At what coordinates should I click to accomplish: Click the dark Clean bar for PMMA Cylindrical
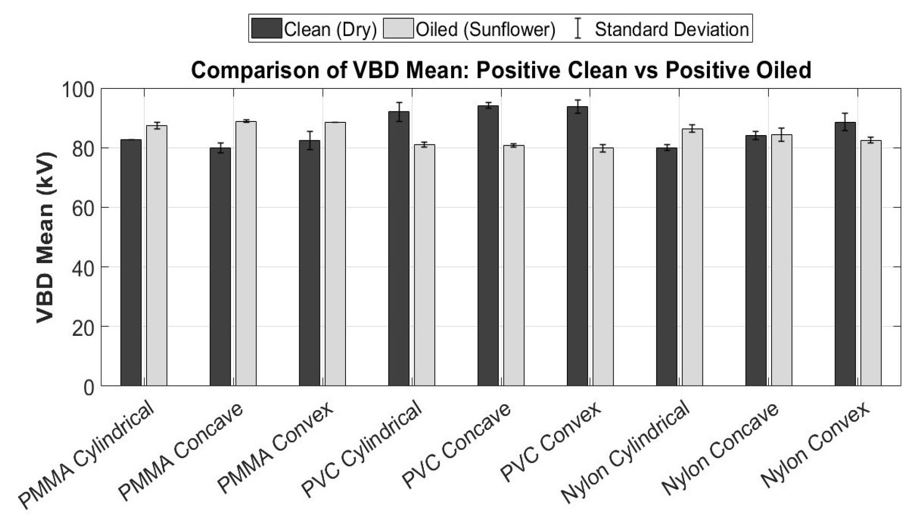pyautogui.click(x=131, y=263)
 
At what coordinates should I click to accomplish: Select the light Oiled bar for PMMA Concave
pyautogui.click(x=246, y=253)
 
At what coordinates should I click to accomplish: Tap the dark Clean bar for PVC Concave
pyautogui.click(x=488, y=246)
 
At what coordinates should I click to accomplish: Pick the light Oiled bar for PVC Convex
pyautogui.click(x=603, y=267)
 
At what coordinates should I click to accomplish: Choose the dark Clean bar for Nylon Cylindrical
pyautogui.click(x=667, y=267)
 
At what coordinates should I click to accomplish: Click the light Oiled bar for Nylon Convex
pyautogui.click(x=871, y=263)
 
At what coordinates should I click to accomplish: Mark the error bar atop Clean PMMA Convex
pyautogui.click(x=310, y=140)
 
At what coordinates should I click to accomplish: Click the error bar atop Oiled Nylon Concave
pyautogui.click(x=781, y=134)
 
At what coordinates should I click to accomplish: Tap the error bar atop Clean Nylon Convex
pyautogui.click(x=845, y=122)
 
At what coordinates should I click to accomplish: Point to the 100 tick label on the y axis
pyautogui.click(x=78, y=90)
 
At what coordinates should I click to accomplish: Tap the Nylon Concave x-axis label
pyautogui.click(x=720, y=449)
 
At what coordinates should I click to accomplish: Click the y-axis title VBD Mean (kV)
pyautogui.click(x=45, y=238)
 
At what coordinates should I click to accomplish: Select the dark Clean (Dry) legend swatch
pyautogui.click(x=267, y=29)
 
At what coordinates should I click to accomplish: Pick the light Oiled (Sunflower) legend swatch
pyautogui.click(x=398, y=29)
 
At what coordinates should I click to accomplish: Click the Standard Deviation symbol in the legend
pyautogui.click(x=578, y=29)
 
